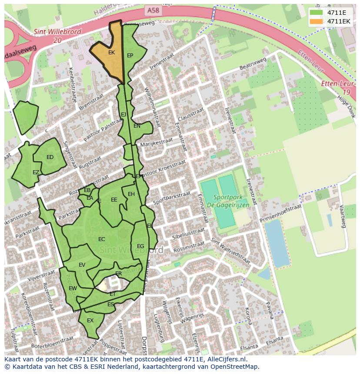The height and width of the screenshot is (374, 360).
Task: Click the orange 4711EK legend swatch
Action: [x=317, y=21]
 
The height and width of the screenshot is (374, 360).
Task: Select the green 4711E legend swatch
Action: [x=317, y=13]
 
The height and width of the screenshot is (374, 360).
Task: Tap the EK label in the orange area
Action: [x=111, y=53]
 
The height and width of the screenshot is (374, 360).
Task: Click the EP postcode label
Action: [x=130, y=56]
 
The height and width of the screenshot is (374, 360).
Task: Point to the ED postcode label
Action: [x=50, y=157]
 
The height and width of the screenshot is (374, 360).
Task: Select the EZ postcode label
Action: [x=36, y=172]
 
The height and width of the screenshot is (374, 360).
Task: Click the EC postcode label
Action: [x=102, y=239]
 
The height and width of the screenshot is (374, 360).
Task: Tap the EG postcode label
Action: [x=140, y=246]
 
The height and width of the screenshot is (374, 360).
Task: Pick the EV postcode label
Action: [x=82, y=265]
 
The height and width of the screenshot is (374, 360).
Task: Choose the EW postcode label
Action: [x=73, y=288]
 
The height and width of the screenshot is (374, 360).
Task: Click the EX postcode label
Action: [x=90, y=321]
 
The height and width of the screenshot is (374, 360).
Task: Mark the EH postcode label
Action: [x=131, y=194]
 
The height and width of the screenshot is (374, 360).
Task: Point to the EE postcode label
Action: [x=114, y=200]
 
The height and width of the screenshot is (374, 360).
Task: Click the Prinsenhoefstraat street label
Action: [x=280, y=214]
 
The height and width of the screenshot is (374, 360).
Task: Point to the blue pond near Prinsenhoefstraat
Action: [x=276, y=243]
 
